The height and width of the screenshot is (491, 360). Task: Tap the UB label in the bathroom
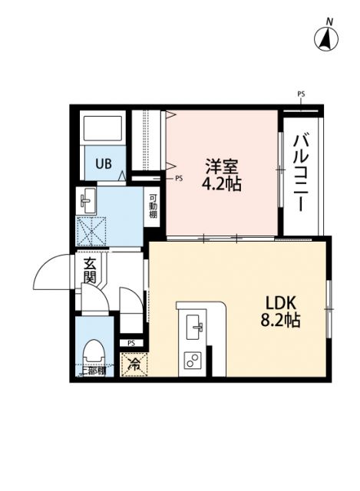[102, 163]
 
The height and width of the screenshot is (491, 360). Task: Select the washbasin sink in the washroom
[87, 203]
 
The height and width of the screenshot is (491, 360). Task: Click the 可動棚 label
[154, 205]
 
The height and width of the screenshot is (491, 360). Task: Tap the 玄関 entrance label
[90, 271]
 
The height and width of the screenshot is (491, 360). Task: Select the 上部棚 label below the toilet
[94, 372]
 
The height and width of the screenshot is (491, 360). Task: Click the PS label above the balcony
[301, 94]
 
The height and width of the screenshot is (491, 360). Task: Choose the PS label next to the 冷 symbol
[131, 342]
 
